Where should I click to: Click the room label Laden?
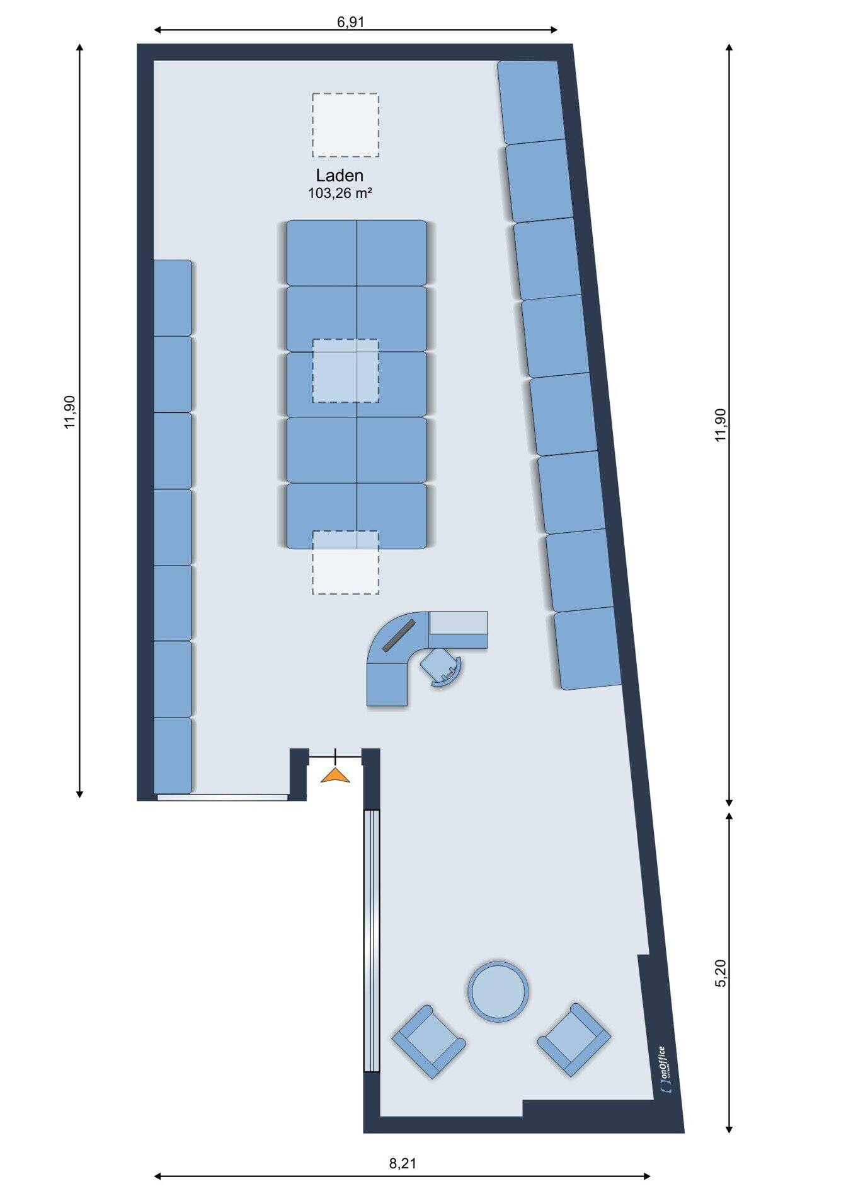(340, 175)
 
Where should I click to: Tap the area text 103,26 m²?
(340, 194)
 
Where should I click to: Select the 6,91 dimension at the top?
(351, 22)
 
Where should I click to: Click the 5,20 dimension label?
(721, 974)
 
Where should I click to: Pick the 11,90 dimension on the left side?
(69, 412)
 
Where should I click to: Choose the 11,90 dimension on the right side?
(721, 425)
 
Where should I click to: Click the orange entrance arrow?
(335, 776)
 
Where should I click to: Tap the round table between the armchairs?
(498, 991)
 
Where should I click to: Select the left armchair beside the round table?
(428, 1042)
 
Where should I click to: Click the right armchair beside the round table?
(574, 1040)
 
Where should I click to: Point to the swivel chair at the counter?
(441, 667)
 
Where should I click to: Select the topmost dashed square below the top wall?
(345, 125)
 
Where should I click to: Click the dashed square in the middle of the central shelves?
(345, 371)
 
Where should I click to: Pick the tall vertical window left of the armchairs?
(372, 941)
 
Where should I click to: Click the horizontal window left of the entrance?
(222, 797)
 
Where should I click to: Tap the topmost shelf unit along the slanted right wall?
(531, 102)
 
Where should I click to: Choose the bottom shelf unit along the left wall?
(173, 755)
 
